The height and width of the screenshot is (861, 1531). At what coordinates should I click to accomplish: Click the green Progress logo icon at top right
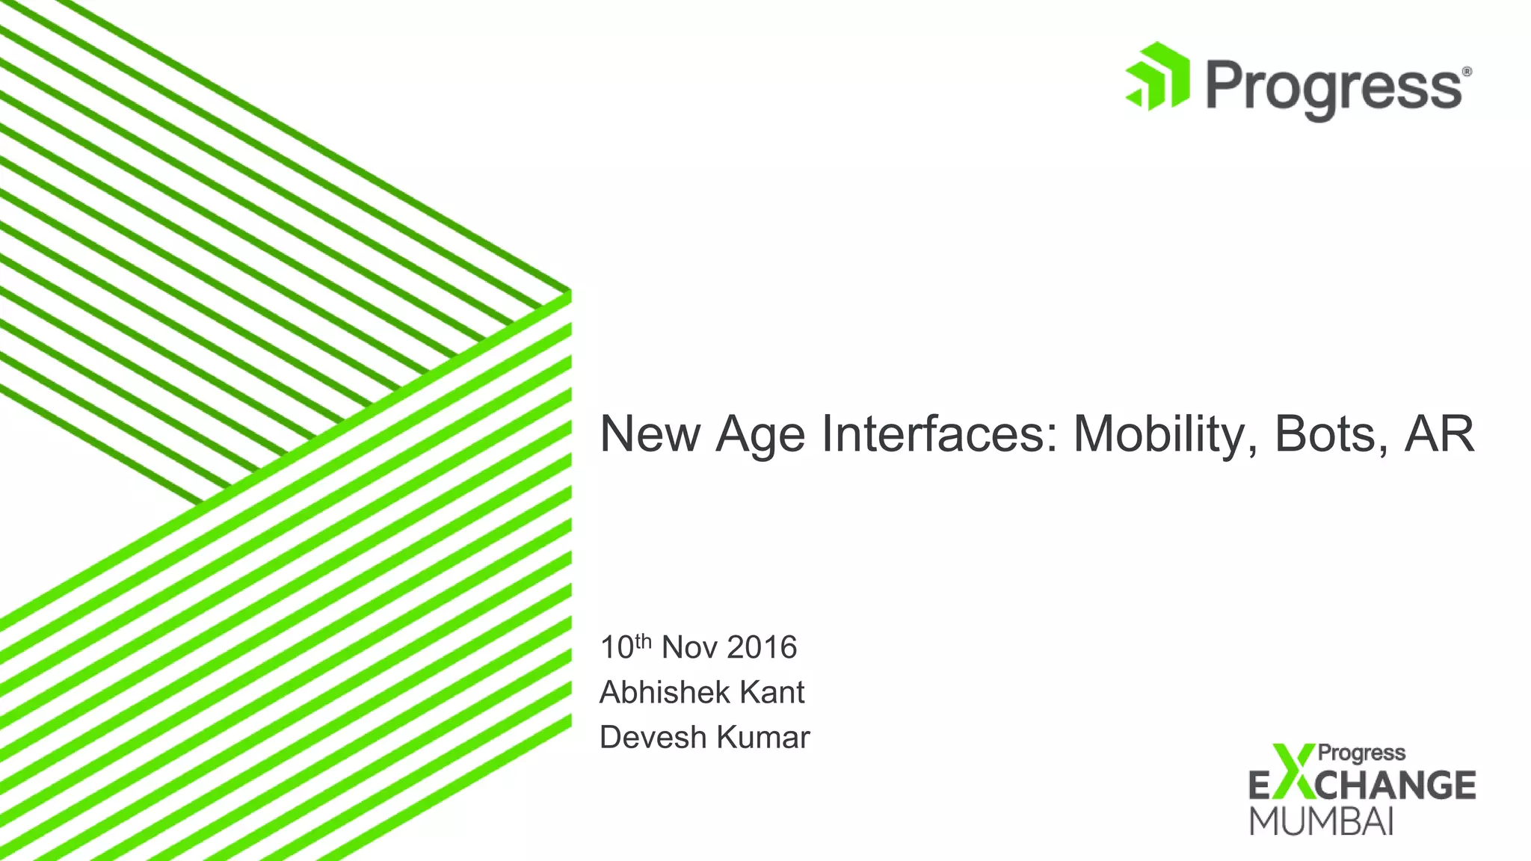point(1157,77)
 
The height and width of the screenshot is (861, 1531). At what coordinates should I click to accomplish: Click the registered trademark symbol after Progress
point(1467,72)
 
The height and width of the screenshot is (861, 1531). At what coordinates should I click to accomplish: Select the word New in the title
point(650,433)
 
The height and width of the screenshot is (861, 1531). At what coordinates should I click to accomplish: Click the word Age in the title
point(760,435)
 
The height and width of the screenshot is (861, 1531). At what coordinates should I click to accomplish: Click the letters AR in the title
point(1439,433)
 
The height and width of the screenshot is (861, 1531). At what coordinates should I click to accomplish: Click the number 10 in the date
point(617,648)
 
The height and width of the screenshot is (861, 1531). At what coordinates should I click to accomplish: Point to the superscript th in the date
point(644,641)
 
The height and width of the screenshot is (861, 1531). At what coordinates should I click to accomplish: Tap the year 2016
point(762,648)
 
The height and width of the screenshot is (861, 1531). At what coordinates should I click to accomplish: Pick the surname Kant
point(771,693)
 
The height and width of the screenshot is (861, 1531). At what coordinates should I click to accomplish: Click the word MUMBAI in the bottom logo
point(1322,821)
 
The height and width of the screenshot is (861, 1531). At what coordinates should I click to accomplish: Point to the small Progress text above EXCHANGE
point(1361,753)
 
